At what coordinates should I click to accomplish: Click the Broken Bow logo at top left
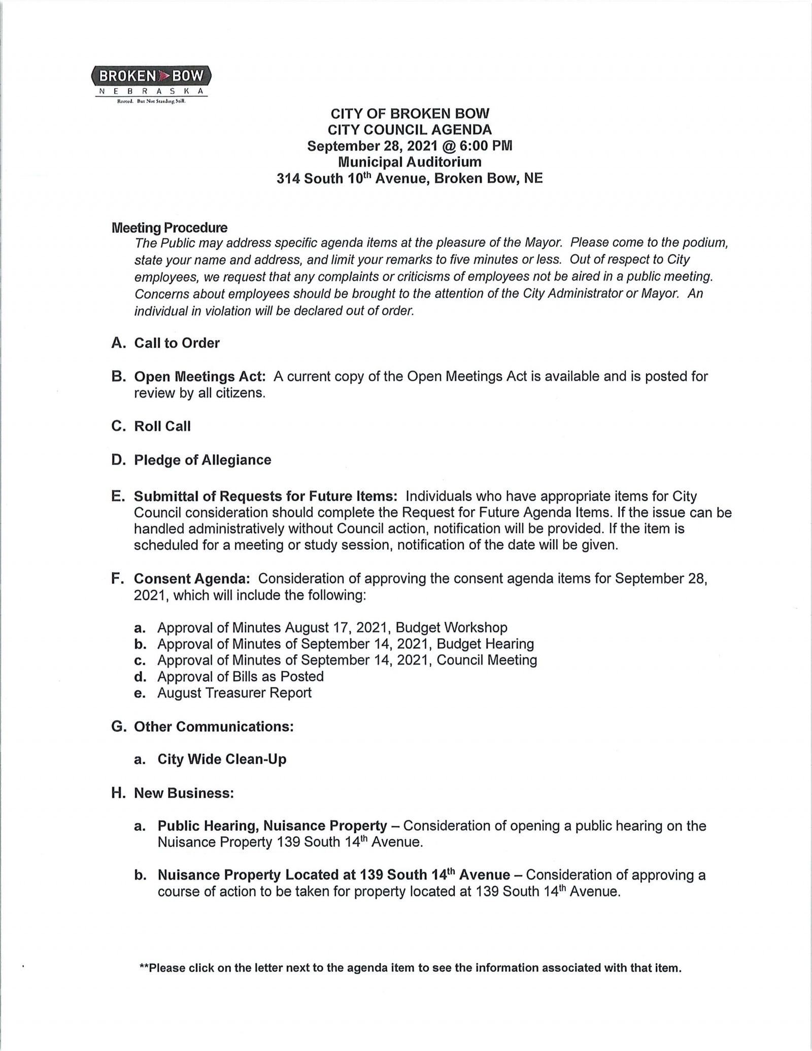point(151,82)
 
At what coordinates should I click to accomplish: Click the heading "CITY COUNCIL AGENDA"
point(410,129)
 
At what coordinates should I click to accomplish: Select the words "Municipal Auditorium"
point(410,162)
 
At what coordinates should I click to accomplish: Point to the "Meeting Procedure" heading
point(170,227)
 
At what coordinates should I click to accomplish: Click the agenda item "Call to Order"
point(177,343)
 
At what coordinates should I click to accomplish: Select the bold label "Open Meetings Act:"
point(200,377)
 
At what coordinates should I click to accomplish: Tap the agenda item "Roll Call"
point(162,426)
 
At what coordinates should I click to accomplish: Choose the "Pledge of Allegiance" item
point(202,460)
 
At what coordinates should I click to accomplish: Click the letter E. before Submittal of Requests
point(118,496)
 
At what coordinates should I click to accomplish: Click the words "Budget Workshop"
point(451,628)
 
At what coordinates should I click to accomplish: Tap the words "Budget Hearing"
point(485,644)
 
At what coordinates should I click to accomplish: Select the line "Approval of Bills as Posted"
point(241,677)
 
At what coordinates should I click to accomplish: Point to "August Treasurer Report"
point(234,693)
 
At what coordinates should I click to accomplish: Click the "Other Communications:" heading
point(214,727)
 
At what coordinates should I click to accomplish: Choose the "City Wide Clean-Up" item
point(222,760)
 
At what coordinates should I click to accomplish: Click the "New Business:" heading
point(184,793)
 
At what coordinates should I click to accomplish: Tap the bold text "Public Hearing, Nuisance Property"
point(273,826)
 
